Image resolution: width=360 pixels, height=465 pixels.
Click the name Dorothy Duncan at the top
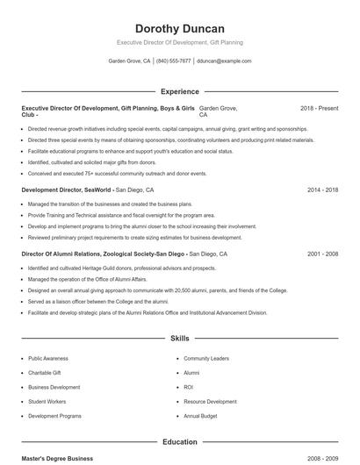(x=179, y=28)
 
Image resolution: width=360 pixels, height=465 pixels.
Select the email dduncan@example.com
(x=224, y=61)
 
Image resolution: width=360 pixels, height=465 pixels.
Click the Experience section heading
(x=179, y=91)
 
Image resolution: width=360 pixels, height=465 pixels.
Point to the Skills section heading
(x=179, y=338)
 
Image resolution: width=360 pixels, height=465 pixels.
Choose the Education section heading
(x=179, y=442)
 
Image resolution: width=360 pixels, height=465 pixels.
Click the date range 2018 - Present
(x=319, y=108)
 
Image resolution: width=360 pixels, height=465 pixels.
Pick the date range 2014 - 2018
(x=322, y=190)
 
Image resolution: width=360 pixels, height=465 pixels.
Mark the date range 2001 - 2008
(x=322, y=254)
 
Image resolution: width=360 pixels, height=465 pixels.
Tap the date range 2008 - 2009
(x=322, y=458)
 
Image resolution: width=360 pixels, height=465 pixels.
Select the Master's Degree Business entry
(x=57, y=458)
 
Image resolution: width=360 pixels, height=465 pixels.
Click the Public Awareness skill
(x=47, y=359)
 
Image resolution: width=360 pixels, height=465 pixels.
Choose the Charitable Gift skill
(x=45, y=373)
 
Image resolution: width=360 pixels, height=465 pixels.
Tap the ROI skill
(x=188, y=387)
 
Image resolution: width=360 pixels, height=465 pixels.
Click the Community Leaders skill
(x=205, y=359)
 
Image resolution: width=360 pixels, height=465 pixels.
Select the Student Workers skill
(x=47, y=402)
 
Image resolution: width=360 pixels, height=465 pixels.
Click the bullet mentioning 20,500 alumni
(x=156, y=290)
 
